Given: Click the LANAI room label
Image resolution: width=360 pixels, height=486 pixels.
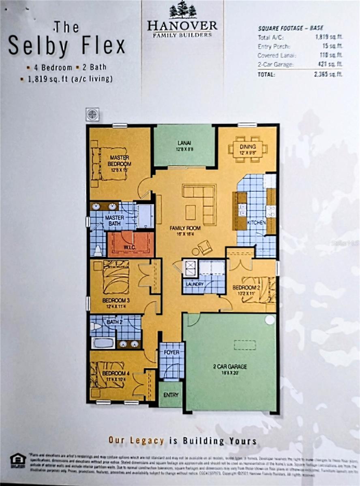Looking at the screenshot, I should (x=184, y=143).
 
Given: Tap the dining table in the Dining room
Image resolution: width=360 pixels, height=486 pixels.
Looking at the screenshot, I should (x=248, y=149).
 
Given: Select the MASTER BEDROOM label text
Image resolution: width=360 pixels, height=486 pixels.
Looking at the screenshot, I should (x=120, y=161).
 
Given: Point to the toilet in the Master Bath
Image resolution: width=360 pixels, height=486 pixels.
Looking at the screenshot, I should (x=98, y=250).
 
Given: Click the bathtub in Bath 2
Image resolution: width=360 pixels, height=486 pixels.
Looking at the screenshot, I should (x=103, y=343).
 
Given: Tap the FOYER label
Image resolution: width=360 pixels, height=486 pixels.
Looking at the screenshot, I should (x=171, y=352).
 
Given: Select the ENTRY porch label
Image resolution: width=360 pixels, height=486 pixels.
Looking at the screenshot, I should (x=170, y=395).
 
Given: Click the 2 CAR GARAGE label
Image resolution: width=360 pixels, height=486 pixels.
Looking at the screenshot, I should (x=230, y=367).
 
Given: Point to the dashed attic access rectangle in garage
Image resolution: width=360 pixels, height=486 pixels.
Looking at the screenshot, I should (x=245, y=345).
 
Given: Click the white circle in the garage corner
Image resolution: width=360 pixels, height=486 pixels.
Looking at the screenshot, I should (x=270, y=320).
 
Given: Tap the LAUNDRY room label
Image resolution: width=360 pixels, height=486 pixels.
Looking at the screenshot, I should (x=194, y=284).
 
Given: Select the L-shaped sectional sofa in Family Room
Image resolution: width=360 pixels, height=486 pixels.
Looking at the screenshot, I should (x=203, y=202).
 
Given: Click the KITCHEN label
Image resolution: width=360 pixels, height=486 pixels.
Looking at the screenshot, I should (x=256, y=223).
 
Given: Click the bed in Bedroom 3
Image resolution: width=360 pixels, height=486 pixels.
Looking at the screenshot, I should (x=116, y=277).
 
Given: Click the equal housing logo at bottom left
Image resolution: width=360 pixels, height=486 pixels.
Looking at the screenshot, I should (x=18, y=459).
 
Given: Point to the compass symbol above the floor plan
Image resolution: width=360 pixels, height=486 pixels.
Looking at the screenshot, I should (x=92, y=114).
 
